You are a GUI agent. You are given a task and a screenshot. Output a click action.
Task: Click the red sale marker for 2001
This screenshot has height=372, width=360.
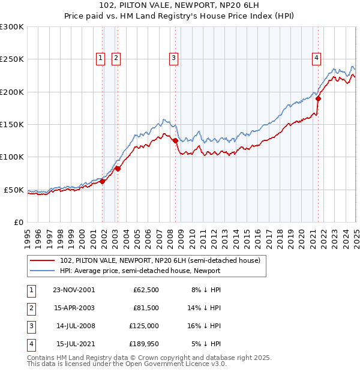pyautogui.click(x=103, y=181)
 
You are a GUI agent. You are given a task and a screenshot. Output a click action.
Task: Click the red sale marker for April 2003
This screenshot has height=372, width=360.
pyautogui.click(x=118, y=169)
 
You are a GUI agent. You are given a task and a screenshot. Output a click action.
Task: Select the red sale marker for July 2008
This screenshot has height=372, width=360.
pyautogui.click(x=175, y=140)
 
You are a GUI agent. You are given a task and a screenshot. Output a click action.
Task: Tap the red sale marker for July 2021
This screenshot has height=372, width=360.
pyautogui.click(x=318, y=98)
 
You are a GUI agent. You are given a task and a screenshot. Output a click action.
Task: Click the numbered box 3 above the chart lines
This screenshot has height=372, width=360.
pyautogui.click(x=173, y=58)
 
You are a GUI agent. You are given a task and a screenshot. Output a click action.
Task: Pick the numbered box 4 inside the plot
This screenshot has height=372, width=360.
pyautogui.click(x=316, y=58)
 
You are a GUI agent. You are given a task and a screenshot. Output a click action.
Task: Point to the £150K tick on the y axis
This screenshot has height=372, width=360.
pyautogui.click(x=12, y=124)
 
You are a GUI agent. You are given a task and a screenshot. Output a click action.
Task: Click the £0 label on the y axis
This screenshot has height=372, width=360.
pyautogui.click(x=19, y=222)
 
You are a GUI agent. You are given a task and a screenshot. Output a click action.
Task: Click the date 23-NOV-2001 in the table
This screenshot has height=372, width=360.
pyautogui.click(x=74, y=290)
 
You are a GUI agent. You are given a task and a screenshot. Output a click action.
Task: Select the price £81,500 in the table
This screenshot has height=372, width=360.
pyautogui.click(x=146, y=308)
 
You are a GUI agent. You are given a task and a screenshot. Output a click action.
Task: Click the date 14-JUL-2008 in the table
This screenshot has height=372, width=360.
pyautogui.click(x=76, y=326)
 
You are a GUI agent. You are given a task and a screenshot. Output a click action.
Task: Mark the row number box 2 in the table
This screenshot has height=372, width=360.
pyautogui.click(x=30, y=308)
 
